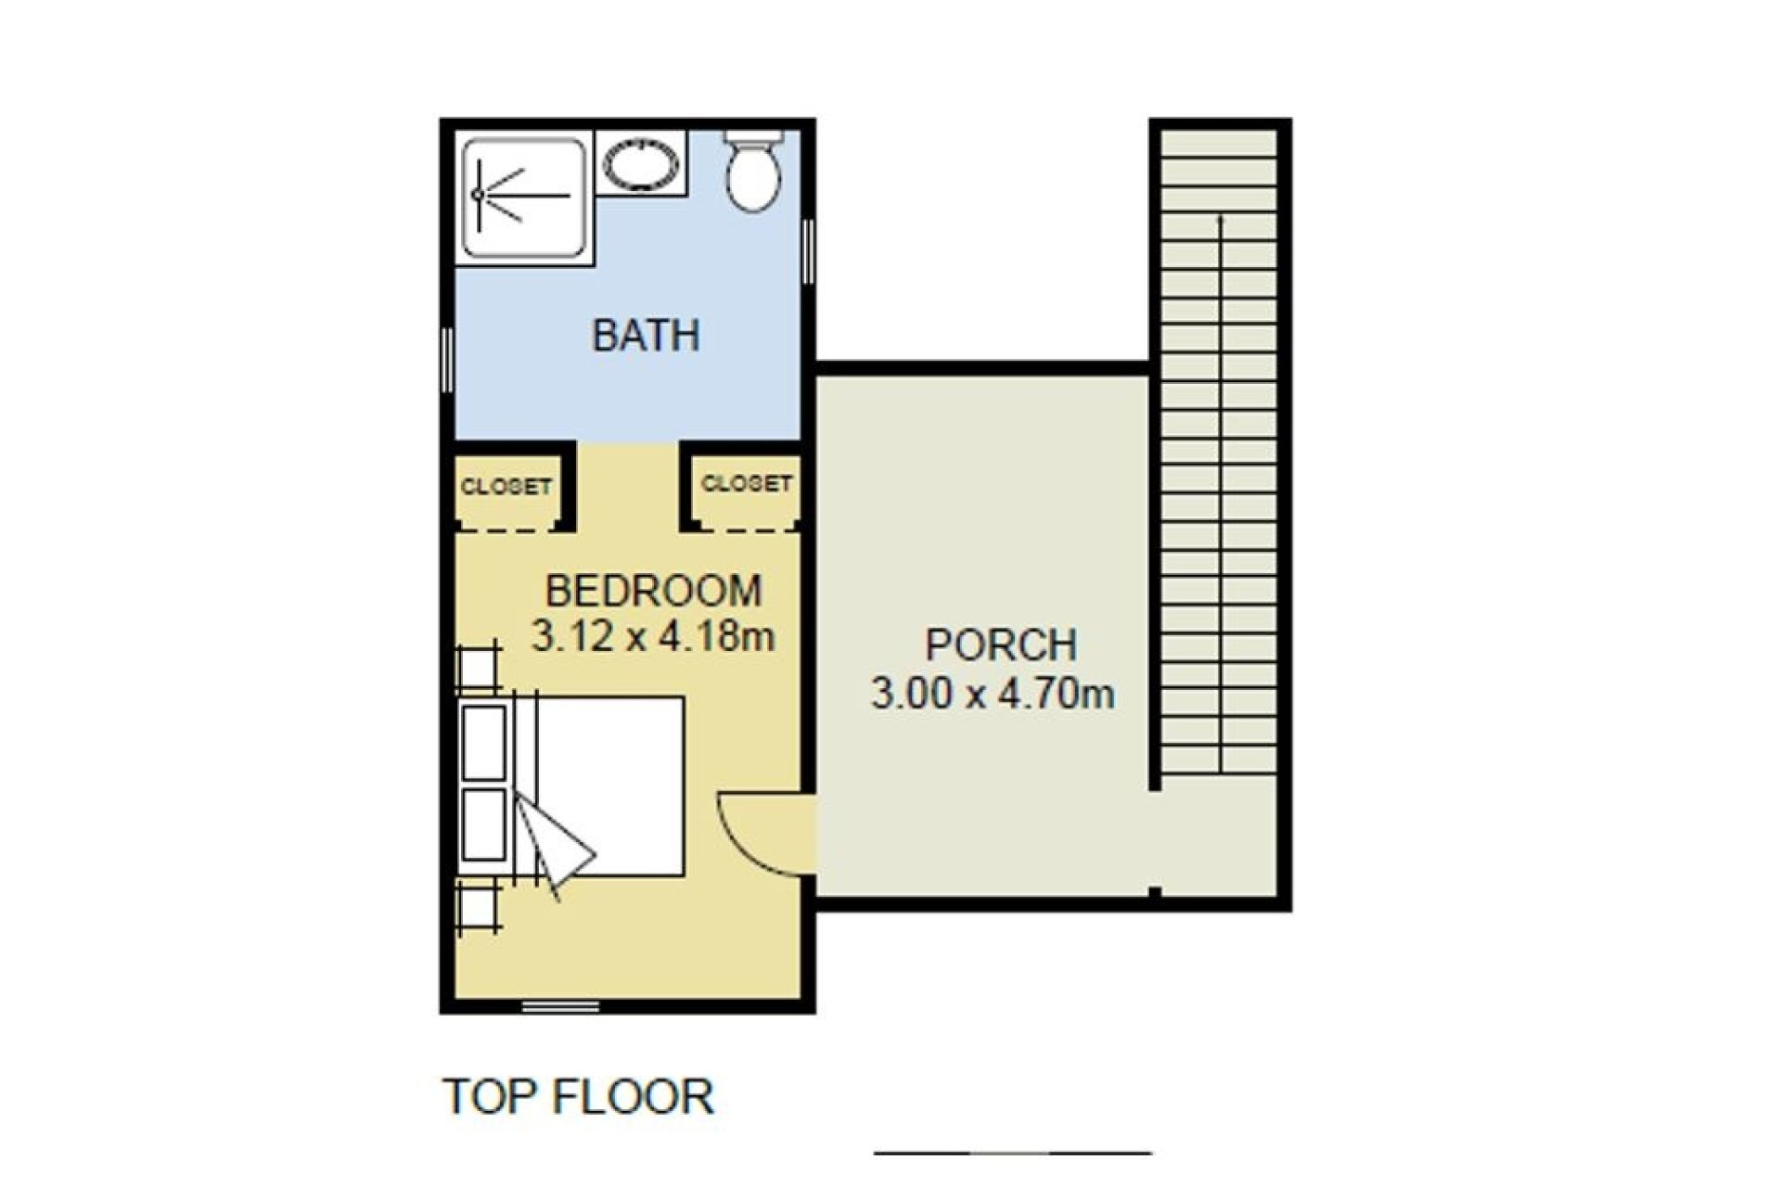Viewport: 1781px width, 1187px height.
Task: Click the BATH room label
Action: point(646,335)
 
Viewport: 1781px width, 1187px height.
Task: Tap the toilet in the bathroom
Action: point(753,171)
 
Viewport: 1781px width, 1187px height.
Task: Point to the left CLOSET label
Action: point(506,487)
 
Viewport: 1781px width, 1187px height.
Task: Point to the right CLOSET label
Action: point(747,483)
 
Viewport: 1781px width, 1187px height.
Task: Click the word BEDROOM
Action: point(653,592)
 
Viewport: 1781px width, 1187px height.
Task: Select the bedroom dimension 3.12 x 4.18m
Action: point(653,636)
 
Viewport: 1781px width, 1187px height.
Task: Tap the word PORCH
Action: point(1001,645)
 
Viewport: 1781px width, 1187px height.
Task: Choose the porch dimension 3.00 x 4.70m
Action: point(993,693)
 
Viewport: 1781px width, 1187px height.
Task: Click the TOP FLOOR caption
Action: point(579,1096)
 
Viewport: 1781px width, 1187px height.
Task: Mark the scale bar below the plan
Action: point(1013,1154)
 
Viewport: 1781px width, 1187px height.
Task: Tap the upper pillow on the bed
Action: point(484,742)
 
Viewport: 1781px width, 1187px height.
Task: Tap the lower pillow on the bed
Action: point(484,824)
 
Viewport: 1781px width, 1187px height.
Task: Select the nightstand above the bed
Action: point(479,669)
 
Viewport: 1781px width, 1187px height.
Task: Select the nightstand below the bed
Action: point(479,905)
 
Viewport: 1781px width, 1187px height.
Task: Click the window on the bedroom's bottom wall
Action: point(560,1006)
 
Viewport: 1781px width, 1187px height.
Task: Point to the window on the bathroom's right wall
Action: point(809,251)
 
